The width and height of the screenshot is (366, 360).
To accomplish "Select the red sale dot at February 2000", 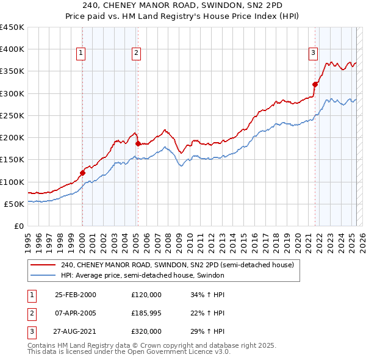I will [82, 173].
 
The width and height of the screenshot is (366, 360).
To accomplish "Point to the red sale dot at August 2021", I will [315, 84].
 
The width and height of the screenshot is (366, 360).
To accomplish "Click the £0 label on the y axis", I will [18, 226].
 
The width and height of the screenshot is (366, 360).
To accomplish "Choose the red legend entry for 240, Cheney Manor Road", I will [178, 265].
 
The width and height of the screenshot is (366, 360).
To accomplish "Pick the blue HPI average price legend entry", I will [143, 275].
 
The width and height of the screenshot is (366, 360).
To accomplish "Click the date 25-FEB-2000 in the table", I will [75, 294].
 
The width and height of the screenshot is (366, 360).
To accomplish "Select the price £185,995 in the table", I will [147, 313].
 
